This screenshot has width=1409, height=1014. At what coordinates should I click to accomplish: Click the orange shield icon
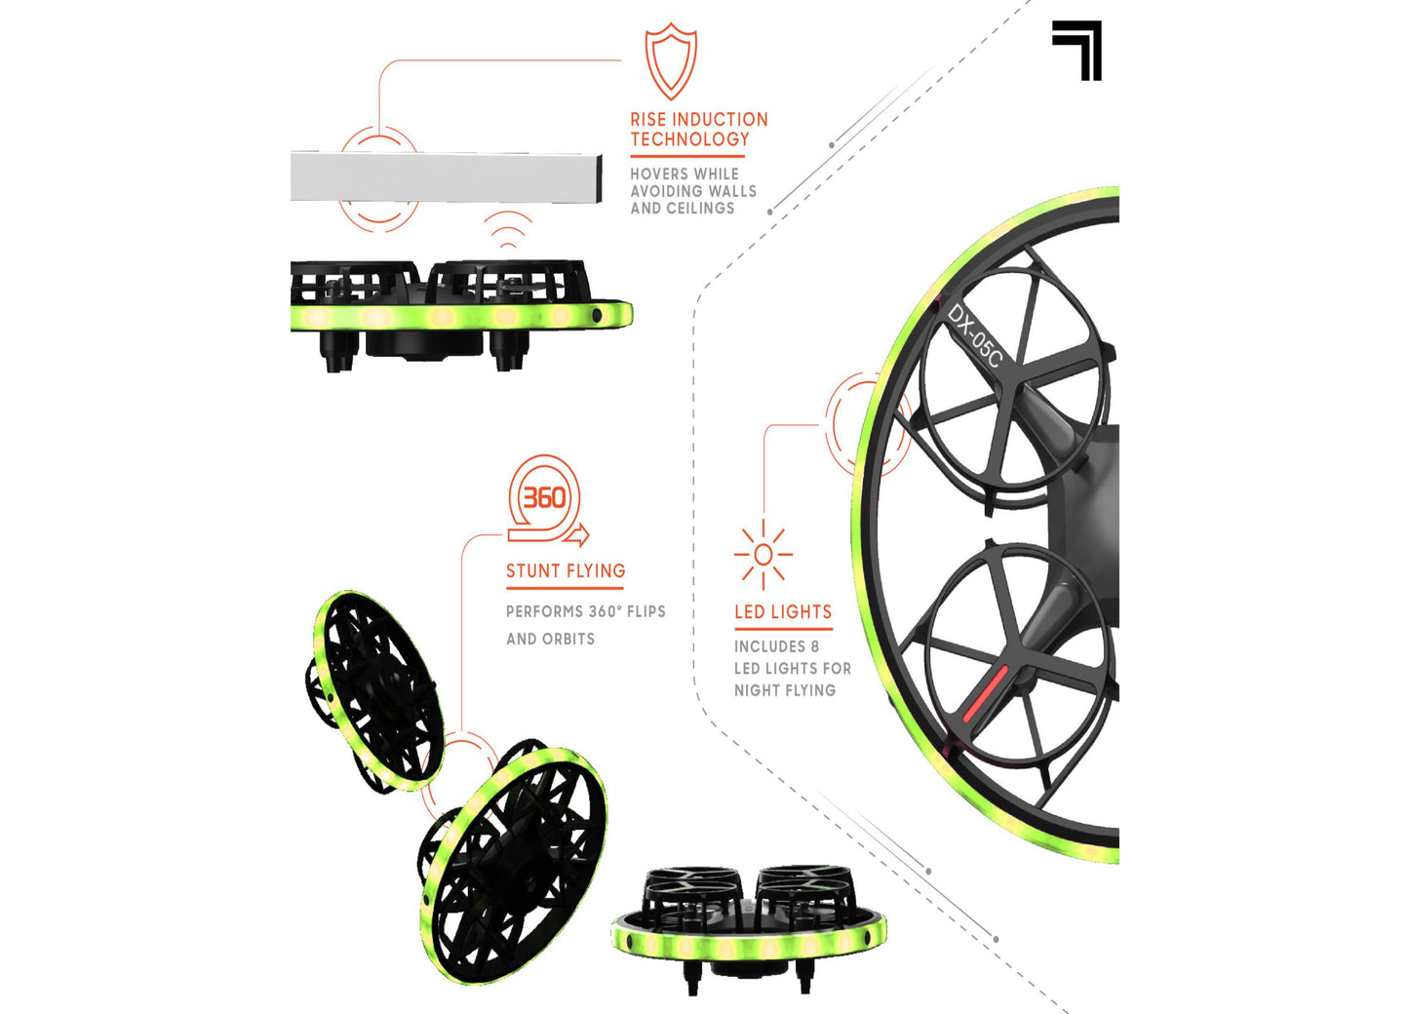pos(671,61)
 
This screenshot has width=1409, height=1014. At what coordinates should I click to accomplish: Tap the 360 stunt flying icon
pos(545,499)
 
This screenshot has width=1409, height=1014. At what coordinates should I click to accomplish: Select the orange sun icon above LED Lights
pos(763,555)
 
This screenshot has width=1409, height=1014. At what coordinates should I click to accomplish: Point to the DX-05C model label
pos(974,335)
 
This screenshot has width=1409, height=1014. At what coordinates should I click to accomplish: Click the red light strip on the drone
pos(986,693)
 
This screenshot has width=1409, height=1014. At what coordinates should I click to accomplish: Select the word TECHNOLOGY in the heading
pos(689,139)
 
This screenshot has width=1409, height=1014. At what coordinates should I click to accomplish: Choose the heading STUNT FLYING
pos(566,571)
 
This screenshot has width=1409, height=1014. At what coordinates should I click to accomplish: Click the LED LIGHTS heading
pos(783,612)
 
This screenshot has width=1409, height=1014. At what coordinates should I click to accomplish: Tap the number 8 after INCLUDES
pos(814,646)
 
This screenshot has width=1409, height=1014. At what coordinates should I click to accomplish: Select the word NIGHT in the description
pos(757,690)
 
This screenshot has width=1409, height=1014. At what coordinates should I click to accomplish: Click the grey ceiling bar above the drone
pos(446,177)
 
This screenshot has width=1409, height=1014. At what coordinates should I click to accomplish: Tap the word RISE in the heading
pos(647,120)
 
